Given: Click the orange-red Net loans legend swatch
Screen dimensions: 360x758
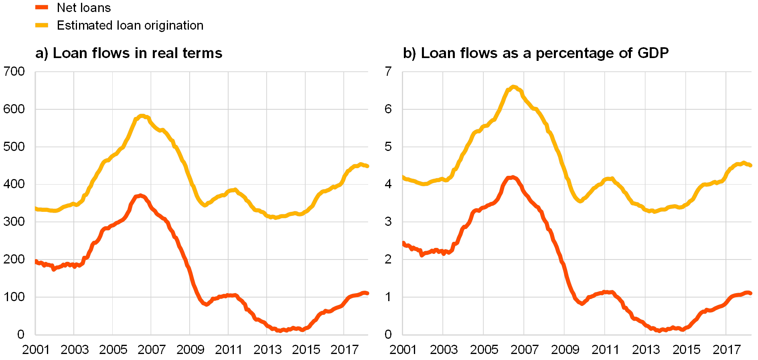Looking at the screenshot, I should (42, 7).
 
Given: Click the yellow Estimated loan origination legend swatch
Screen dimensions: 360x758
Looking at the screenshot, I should (42, 25).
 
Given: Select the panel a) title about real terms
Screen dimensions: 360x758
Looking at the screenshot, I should (129, 53).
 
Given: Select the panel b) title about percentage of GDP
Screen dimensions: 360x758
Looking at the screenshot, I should (537, 53).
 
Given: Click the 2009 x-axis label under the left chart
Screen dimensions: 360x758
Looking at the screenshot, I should (190, 350).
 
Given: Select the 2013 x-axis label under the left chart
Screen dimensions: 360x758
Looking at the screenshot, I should (268, 350).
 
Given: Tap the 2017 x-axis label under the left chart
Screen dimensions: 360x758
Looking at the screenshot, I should (344, 350).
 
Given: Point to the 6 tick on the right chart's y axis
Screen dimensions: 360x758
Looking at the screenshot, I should (388, 109).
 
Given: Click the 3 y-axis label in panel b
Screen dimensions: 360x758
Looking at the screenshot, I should (388, 221).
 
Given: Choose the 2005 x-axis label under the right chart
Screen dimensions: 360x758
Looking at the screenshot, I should (484, 350).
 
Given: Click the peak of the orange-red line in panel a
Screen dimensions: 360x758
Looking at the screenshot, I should (140, 196).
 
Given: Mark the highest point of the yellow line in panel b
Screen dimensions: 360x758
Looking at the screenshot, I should (514, 87).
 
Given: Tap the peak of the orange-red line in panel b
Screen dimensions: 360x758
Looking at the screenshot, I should (512, 177).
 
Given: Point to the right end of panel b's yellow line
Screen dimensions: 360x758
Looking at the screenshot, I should (750, 165).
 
